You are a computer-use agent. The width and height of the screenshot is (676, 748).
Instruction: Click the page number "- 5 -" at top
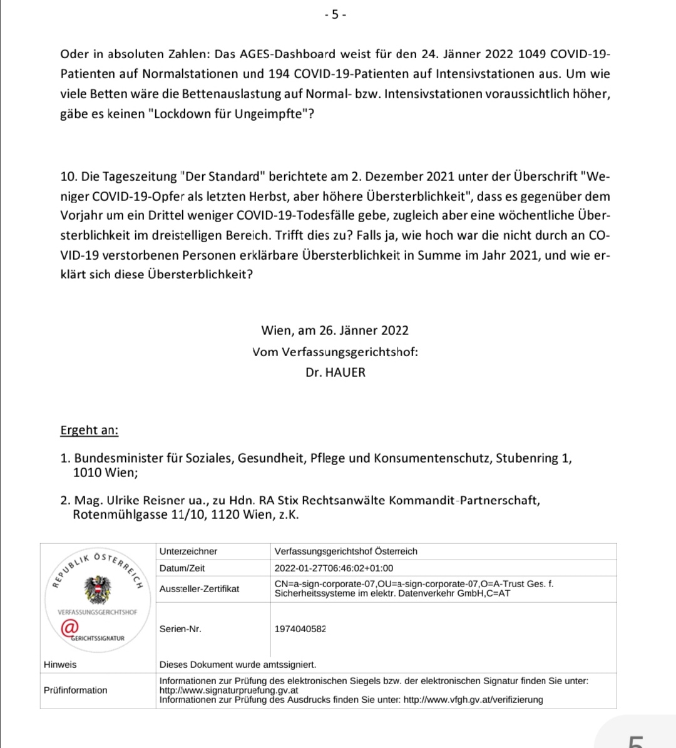click(x=335, y=14)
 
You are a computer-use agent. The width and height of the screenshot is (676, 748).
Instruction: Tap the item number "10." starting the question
click(x=69, y=177)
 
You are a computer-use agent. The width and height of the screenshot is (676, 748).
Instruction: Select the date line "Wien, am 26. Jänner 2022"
click(x=335, y=330)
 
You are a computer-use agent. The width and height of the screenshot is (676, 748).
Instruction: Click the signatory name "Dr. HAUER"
click(x=335, y=372)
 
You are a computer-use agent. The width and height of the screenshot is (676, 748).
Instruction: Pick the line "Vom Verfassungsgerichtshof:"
click(x=335, y=352)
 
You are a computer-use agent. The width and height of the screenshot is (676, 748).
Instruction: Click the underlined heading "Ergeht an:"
click(x=89, y=430)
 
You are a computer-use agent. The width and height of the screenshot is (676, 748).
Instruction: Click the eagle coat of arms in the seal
click(x=98, y=588)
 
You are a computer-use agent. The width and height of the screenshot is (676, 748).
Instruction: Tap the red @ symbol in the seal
click(x=69, y=627)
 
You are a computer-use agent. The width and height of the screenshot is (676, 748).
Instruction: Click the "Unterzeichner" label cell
click(x=188, y=551)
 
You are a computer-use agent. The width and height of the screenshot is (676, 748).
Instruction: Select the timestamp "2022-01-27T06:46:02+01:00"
click(x=334, y=568)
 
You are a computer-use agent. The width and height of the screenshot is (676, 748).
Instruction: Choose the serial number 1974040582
click(x=300, y=629)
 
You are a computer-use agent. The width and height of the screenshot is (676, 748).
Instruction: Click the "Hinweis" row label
click(x=60, y=665)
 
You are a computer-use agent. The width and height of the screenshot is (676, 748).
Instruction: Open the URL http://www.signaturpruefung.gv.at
click(x=228, y=690)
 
